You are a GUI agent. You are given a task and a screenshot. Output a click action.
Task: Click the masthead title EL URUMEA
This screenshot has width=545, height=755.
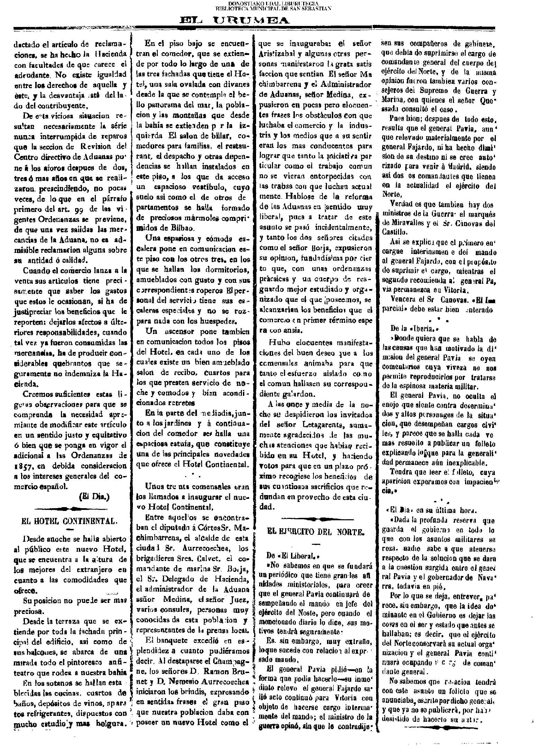(x=235, y=21)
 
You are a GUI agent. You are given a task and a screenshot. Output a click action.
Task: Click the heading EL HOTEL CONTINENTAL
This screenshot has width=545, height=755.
(x=70, y=521)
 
